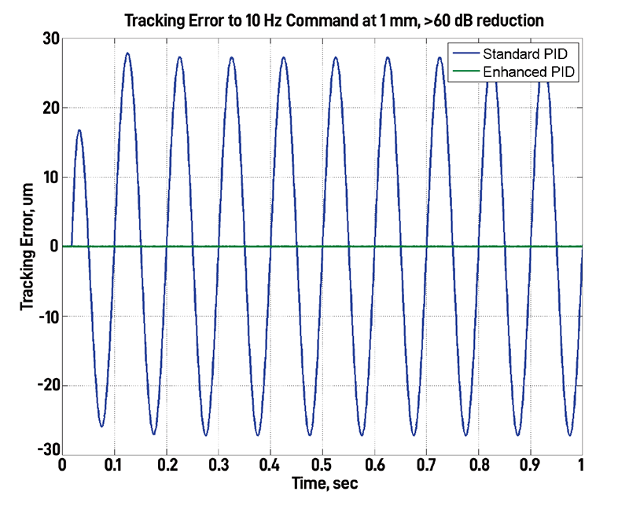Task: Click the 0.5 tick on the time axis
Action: [x=322, y=465]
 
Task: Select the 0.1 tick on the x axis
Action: [x=115, y=465]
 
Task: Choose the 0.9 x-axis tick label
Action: [x=530, y=465]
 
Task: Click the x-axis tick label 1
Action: [x=581, y=465]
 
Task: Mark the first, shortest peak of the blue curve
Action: [x=79, y=130]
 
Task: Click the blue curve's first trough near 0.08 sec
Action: [x=101, y=427]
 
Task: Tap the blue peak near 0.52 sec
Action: [x=336, y=57]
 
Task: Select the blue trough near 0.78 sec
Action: [x=466, y=434]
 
